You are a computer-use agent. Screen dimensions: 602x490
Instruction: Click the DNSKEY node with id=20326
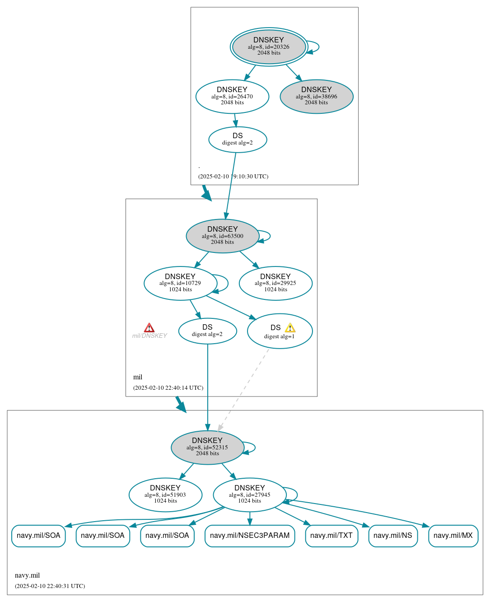pyautogui.click(x=269, y=47)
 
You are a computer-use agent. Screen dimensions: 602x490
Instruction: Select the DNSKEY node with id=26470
pyautogui.click(x=232, y=96)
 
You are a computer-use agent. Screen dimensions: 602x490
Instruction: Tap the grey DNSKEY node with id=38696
pyautogui.click(x=317, y=96)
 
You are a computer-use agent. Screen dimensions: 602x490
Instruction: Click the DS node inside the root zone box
pyautogui.click(x=238, y=140)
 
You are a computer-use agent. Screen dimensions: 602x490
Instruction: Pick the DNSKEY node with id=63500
pyautogui.click(x=222, y=236)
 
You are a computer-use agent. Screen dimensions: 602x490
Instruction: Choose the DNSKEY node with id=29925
pyautogui.click(x=275, y=283)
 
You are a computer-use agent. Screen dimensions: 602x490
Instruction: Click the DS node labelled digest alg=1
pyautogui.click(x=280, y=331)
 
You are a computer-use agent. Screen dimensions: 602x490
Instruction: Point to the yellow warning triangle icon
pyautogui.click(x=290, y=328)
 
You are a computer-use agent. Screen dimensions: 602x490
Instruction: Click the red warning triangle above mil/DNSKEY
pyautogui.click(x=149, y=328)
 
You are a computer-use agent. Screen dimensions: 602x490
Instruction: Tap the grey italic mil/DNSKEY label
pyautogui.click(x=149, y=336)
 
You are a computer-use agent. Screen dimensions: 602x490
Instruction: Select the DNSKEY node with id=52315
pyautogui.click(x=207, y=447)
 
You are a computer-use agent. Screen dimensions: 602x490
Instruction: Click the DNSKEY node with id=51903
pyautogui.click(x=165, y=495)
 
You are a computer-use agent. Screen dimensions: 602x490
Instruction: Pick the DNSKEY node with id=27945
pyautogui.click(x=249, y=495)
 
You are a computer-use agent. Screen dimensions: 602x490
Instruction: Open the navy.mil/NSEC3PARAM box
pyautogui.click(x=250, y=536)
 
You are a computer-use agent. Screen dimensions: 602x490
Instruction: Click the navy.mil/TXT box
pyautogui.click(x=331, y=536)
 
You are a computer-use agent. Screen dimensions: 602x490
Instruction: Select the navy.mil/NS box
pyautogui.click(x=393, y=536)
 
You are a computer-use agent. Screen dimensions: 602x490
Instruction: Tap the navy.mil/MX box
pyautogui.click(x=453, y=536)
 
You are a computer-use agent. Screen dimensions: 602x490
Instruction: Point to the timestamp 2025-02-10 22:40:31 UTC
pyautogui.click(x=50, y=586)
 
